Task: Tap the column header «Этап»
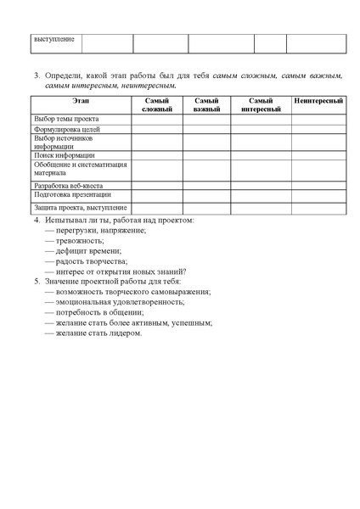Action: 81,101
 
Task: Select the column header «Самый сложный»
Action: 157,105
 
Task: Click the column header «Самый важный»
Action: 206,105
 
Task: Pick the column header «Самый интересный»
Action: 261,105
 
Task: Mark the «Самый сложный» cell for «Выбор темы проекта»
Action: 157,119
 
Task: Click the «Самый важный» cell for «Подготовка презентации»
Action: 206,194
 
